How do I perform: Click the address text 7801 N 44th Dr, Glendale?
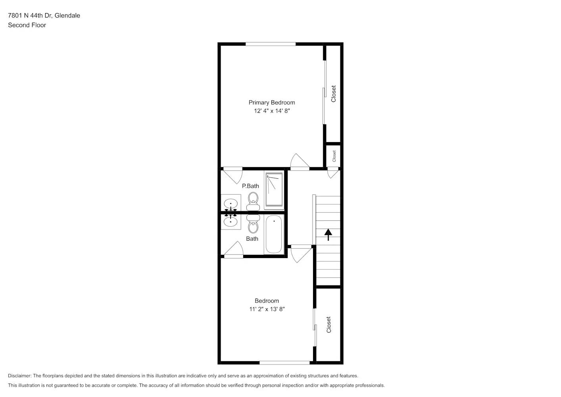click(x=44, y=15)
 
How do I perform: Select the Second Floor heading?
click(x=27, y=25)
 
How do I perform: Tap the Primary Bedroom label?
click(x=272, y=102)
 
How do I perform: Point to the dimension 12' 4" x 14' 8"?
click(x=272, y=111)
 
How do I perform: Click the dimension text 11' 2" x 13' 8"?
click(x=267, y=309)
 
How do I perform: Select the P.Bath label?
click(x=250, y=186)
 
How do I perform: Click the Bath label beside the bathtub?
click(x=252, y=239)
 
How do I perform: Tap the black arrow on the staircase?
click(x=328, y=234)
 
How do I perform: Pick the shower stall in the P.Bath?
click(x=274, y=191)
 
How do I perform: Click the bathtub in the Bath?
click(x=274, y=234)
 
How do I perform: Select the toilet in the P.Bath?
click(x=253, y=200)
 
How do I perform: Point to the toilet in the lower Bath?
click(x=253, y=224)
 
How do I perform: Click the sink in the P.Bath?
click(x=231, y=203)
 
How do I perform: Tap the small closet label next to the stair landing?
click(x=334, y=156)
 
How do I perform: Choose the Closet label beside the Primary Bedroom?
click(x=333, y=94)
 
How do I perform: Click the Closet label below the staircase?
click(x=329, y=324)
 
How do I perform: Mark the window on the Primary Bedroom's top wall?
click(x=271, y=44)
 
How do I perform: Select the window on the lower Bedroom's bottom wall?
click(x=284, y=362)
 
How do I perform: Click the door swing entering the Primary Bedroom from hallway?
click(x=300, y=162)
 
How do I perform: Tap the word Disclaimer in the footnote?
click(x=19, y=376)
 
